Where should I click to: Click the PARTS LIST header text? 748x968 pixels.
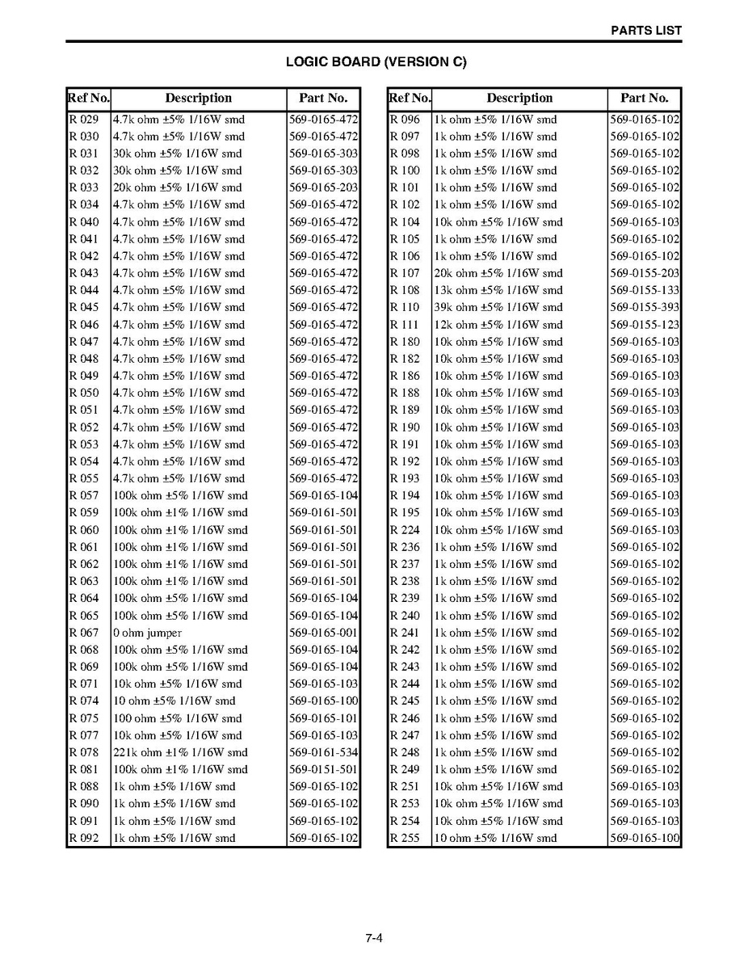point(645,31)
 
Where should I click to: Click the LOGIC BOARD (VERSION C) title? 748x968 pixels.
point(376,61)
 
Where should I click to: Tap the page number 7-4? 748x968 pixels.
point(373,938)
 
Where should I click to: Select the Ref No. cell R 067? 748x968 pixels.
point(84,633)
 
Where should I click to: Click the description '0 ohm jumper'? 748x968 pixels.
point(148,633)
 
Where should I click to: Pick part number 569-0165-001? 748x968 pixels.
point(323,633)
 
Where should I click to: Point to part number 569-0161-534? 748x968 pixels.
point(323,752)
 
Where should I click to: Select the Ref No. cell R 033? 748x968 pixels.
point(84,187)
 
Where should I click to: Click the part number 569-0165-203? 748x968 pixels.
point(323,187)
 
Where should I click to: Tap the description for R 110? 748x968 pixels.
point(498,307)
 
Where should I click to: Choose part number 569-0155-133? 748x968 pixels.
point(645,290)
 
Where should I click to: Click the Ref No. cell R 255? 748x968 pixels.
point(405,838)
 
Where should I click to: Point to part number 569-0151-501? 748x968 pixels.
point(323,769)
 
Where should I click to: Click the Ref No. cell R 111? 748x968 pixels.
point(405,325)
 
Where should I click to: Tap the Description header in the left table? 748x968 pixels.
point(199,99)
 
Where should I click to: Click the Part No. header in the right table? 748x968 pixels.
point(645,99)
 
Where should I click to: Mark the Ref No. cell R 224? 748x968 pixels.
point(405,530)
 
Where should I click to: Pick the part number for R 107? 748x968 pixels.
point(645,273)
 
